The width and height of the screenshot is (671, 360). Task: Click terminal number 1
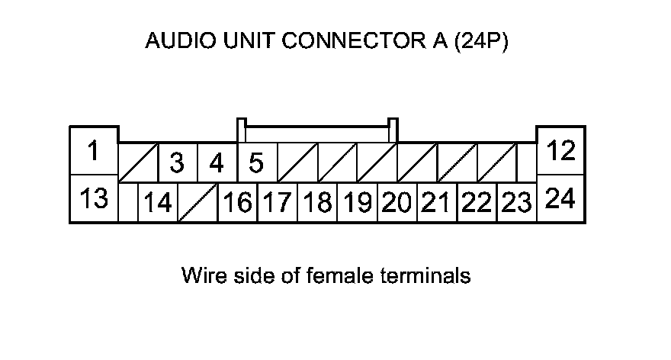coord(94,151)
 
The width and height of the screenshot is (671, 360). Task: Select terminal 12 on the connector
coord(560,151)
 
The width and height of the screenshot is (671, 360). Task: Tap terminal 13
coord(94,198)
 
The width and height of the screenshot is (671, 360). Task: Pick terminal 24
coord(560,198)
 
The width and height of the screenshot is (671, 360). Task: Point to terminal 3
coord(178,162)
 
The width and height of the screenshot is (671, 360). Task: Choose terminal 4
coord(217,162)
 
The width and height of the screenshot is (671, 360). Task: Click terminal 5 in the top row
coord(257,162)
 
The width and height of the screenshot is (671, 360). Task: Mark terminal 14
coord(158,202)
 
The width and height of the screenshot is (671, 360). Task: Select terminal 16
coord(237,202)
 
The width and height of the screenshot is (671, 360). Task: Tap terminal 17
coord(278,202)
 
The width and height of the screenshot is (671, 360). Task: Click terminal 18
coord(317,202)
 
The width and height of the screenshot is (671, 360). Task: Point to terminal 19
coord(358,202)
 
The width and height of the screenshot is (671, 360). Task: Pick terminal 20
coord(397,202)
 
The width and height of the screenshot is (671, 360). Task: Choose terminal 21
coord(437,202)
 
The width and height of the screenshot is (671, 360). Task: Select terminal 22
coord(477,202)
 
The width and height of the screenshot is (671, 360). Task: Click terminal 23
coord(517,202)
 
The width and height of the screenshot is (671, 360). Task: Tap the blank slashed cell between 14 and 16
coord(197,202)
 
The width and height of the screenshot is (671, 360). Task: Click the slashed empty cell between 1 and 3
coord(138,162)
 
